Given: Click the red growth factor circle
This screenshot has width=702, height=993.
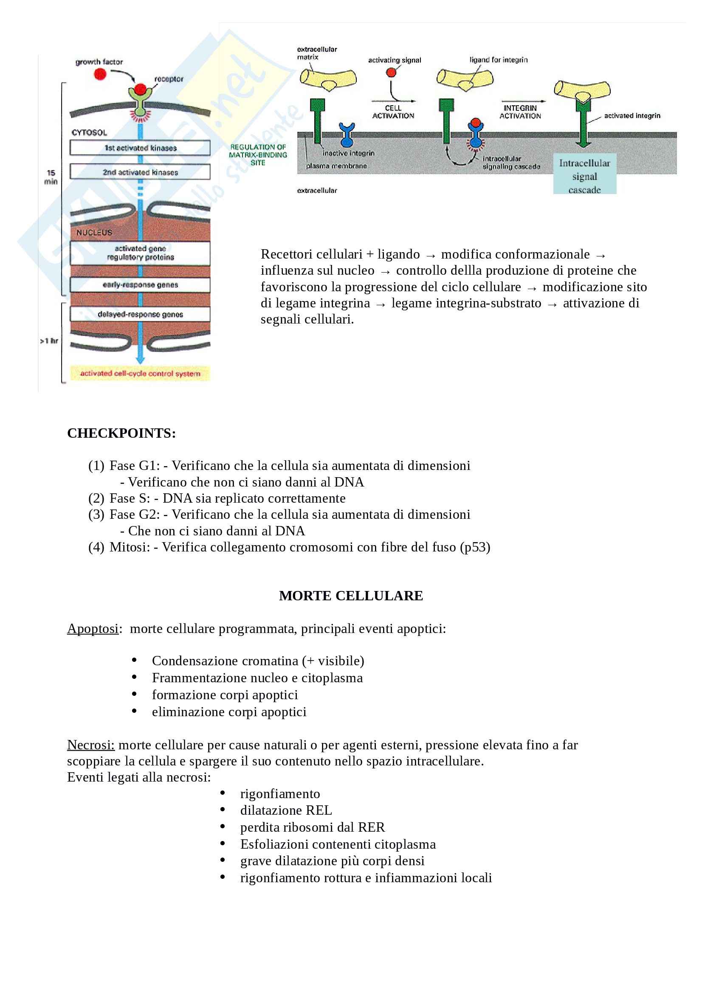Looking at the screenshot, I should (100, 74).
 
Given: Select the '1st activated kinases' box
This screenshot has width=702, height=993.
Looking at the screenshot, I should (140, 148).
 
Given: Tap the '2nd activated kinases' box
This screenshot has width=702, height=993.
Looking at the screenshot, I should (140, 172).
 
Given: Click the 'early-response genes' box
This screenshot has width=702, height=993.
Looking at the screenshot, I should (140, 285).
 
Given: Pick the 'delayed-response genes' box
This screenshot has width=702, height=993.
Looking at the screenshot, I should (140, 315).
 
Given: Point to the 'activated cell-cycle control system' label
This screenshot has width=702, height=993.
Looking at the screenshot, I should (140, 374).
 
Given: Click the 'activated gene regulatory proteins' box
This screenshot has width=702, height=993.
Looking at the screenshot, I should (140, 253).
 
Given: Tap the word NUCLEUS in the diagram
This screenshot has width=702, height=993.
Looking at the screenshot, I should (94, 233).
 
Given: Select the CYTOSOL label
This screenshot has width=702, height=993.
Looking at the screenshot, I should (89, 133).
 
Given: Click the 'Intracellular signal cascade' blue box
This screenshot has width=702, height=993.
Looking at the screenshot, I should (584, 176).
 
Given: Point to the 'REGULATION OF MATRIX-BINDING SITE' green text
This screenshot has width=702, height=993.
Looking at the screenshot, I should (258, 155).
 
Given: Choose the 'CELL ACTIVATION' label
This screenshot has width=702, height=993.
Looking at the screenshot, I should (393, 112).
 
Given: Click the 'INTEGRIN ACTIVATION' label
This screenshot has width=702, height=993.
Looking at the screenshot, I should (520, 112).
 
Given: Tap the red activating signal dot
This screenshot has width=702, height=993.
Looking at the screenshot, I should (391, 72).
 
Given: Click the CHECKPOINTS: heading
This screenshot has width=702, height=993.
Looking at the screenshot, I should (121, 433).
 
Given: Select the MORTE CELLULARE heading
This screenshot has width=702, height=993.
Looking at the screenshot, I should (351, 596).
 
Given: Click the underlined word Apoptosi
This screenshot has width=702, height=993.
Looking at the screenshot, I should (93, 628).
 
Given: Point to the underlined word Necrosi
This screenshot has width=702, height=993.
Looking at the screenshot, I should (90, 745).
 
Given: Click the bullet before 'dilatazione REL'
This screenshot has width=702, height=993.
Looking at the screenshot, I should (223, 810).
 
